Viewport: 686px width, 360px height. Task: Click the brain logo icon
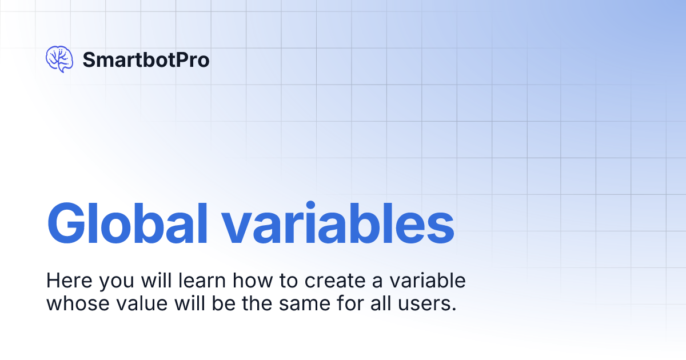coord(59,59)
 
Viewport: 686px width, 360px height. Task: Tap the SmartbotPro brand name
coord(146,59)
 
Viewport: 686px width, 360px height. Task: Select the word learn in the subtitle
coord(198,281)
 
